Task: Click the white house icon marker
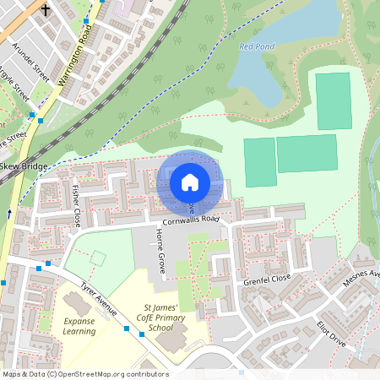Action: (x=190, y=181)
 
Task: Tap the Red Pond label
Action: (x=257, y=46)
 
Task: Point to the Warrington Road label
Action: (x=75, y=57)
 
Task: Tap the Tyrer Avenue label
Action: (x=99, y=299)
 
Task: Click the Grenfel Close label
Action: (x=267, y=278)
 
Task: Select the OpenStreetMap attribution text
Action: (x=85, y=373)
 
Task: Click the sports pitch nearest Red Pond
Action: (x=332, y=100)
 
